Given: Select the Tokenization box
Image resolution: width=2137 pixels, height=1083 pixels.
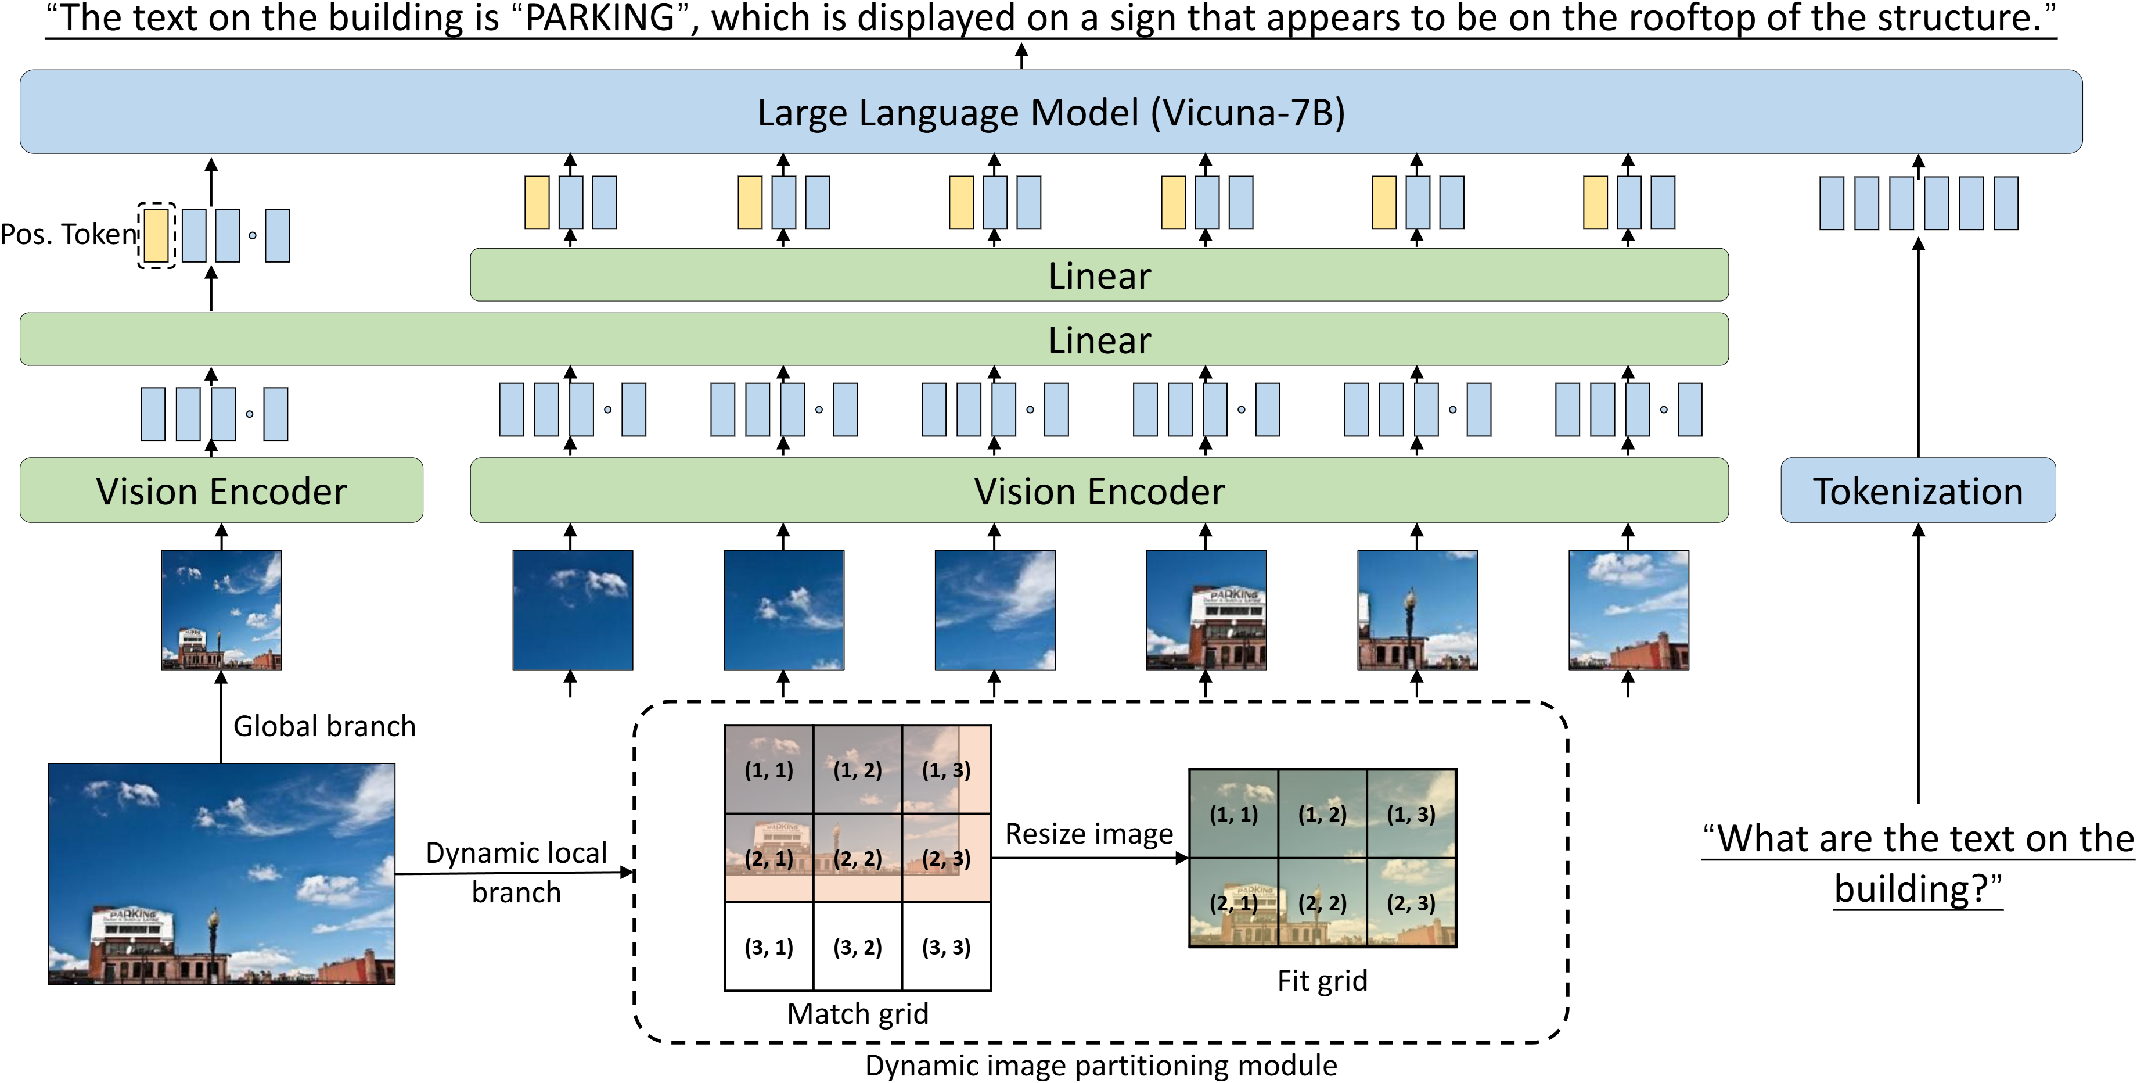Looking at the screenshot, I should (1917, 490).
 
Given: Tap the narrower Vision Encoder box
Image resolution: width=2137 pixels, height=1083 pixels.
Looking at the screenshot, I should (221, 490).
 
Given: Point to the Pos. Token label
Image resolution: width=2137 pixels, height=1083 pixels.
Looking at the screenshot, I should (68, 234).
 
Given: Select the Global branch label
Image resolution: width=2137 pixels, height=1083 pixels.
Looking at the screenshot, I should (323, 726).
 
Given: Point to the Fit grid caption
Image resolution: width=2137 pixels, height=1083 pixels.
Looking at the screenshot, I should (1322, 980).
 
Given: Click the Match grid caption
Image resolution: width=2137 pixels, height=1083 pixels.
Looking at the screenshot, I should (857, 1013).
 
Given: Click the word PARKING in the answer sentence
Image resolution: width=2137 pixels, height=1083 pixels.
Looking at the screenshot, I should (600, 18).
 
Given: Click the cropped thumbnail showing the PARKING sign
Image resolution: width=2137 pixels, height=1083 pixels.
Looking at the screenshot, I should (1206, 610).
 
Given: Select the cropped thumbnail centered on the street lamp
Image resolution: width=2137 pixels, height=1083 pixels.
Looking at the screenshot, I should (1416, 610).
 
